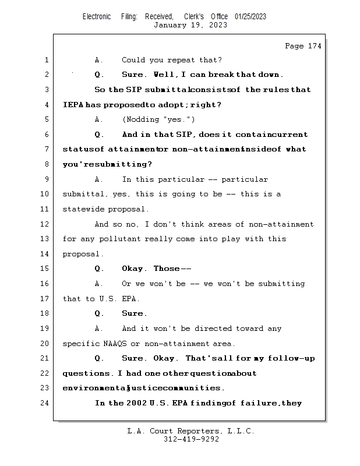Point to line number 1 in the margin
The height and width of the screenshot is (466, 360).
pyautogui.click(x=46, y=60)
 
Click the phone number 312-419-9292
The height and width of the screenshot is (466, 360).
pyautogui.click(x=191, y=440)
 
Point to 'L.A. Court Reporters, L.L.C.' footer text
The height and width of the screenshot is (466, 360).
pyautogui.click(x=190, y=431)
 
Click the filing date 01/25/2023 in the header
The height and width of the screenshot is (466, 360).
pyautogui.click(x=250, y=16)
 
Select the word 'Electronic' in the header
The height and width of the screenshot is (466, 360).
pyautogui.click(x=97, y=16)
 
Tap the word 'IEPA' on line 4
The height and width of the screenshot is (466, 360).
pyautogui.click(x=73, y=105)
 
